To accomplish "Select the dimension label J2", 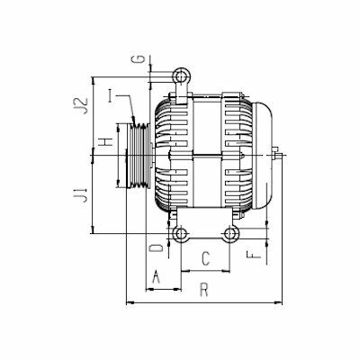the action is [83, 104].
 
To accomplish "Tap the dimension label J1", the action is [81, 194].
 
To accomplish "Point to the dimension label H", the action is [106, 141].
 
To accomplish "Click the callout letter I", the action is [112, 96].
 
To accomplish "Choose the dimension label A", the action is [156, 276].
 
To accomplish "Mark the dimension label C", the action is [205, 258].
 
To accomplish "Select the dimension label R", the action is [204, 291].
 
